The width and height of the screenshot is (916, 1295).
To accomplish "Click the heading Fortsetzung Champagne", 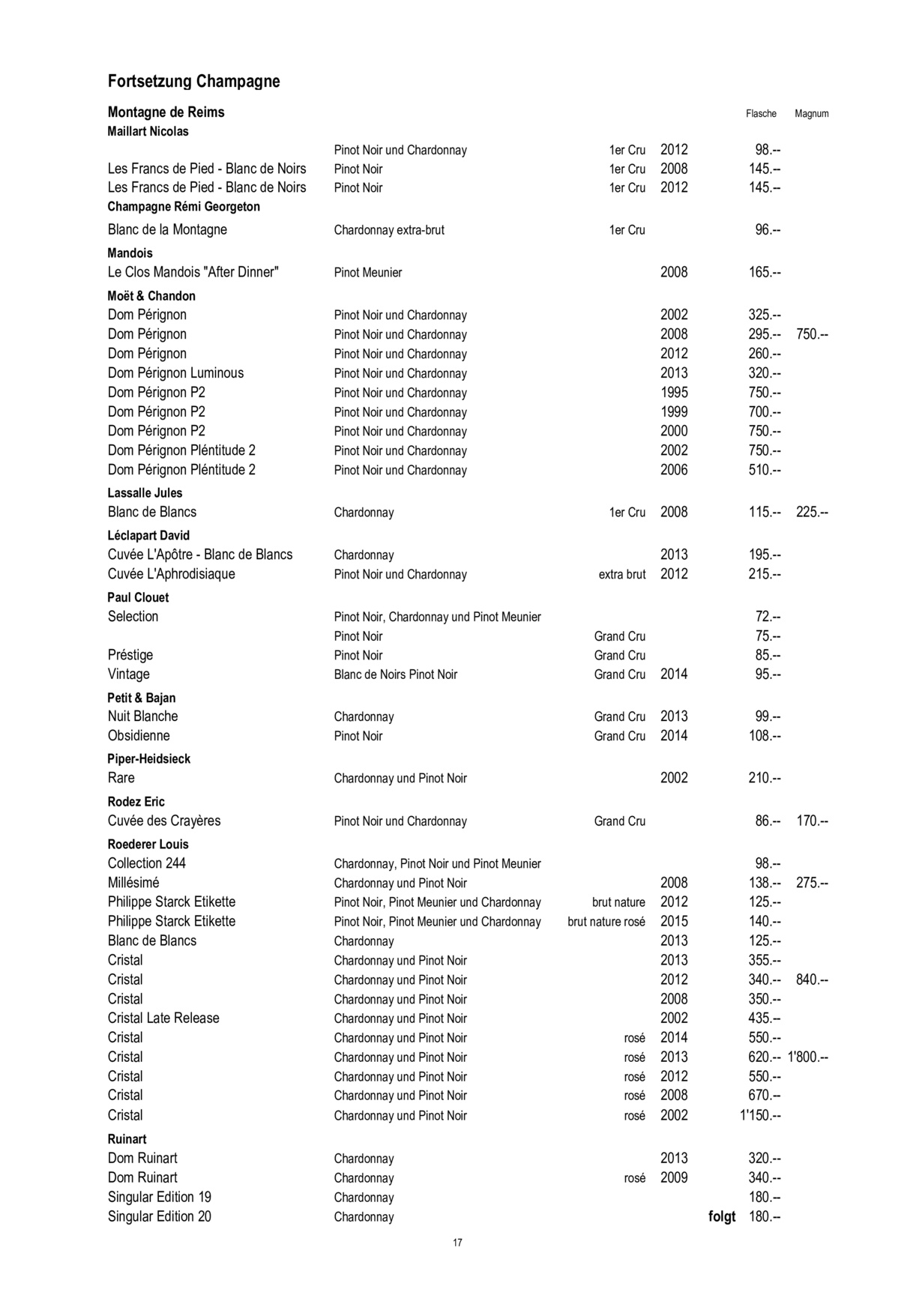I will (193, 82).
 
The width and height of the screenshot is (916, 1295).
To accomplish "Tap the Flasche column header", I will (761, 114).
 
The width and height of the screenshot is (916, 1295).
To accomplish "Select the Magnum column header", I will (811, 114).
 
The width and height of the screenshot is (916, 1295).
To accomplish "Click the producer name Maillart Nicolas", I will (148, 132).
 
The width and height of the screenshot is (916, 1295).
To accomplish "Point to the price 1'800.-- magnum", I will (807, 1057).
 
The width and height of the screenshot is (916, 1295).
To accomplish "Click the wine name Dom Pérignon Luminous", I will (175, 373).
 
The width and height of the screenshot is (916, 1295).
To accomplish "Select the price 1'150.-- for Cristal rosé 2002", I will (760, 1116).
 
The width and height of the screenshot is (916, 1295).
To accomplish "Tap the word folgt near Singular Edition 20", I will (722, 1217).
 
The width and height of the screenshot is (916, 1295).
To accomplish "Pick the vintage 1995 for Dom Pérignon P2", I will (674, 393).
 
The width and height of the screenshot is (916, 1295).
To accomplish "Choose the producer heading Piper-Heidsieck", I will (148, 759).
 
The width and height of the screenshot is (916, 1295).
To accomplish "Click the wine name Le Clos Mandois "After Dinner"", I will (193, 273).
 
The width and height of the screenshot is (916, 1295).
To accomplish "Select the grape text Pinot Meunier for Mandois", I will (368, 273).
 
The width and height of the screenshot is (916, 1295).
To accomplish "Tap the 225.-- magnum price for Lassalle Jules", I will (812, 513).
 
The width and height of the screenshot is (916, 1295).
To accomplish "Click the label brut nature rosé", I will (606, 922).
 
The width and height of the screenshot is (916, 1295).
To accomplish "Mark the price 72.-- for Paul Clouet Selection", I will (768, 617).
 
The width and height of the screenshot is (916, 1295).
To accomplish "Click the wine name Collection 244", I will (146, 863).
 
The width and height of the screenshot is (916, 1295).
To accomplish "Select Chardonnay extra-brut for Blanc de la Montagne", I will (389, 230).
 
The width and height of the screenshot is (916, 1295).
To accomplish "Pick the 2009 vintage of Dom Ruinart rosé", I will (674, 1178).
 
